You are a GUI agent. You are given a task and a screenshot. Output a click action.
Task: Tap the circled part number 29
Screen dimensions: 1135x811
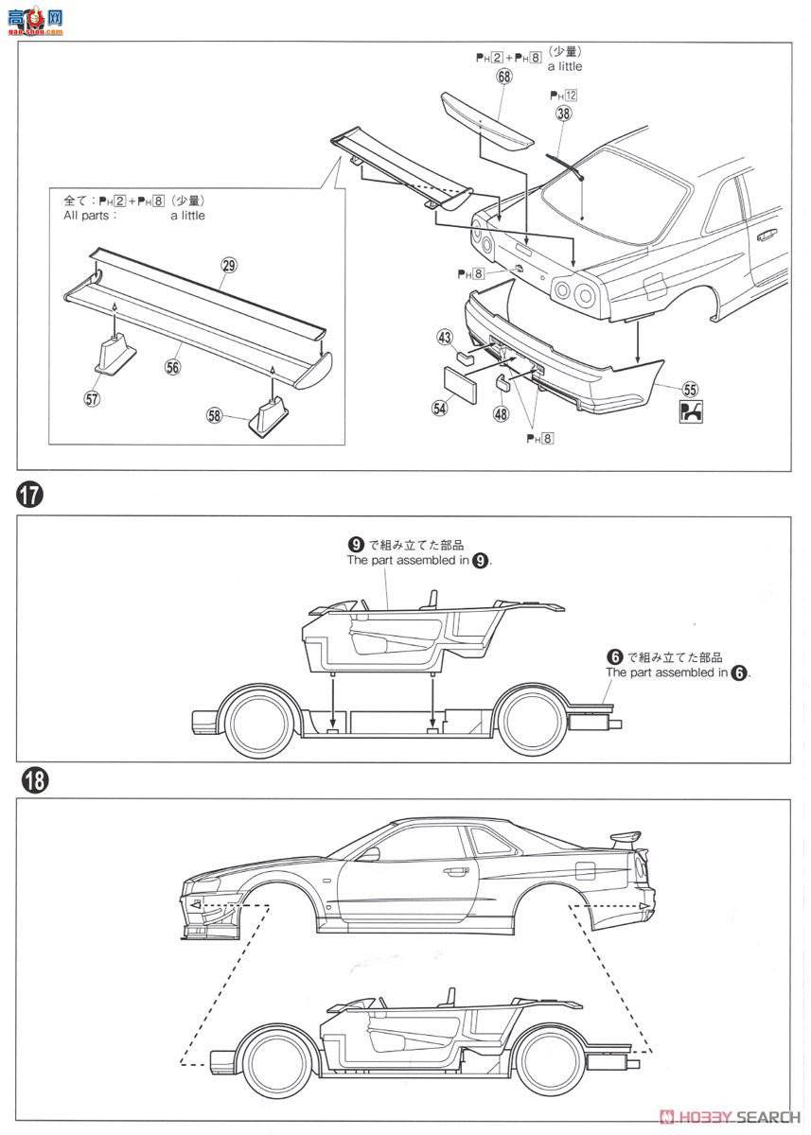point(227,266)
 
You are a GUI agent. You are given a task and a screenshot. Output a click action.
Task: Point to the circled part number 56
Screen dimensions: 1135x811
point(172,368)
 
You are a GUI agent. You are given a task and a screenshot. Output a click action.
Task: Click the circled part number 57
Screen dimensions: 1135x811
point(92,399)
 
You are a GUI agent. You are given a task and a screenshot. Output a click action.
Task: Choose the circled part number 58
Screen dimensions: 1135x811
point(214,413)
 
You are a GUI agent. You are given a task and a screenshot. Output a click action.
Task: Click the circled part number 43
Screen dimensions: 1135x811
point(445,336)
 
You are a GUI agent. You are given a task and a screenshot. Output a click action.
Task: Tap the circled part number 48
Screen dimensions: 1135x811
point(500,412)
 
